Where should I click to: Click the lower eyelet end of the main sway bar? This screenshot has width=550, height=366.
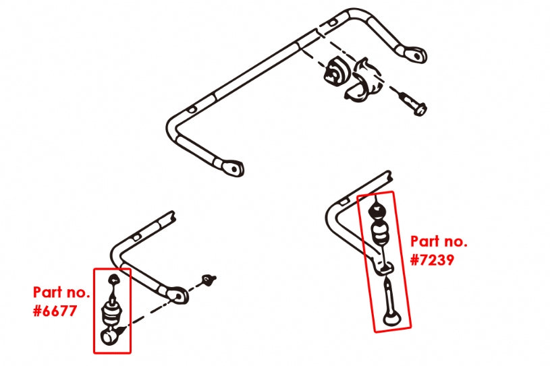[232, 166]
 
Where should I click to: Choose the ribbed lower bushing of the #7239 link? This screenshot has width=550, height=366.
[381, 235]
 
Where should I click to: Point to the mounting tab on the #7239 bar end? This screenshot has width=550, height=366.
[386, 269]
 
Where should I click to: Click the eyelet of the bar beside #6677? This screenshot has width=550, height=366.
[177, 294]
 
